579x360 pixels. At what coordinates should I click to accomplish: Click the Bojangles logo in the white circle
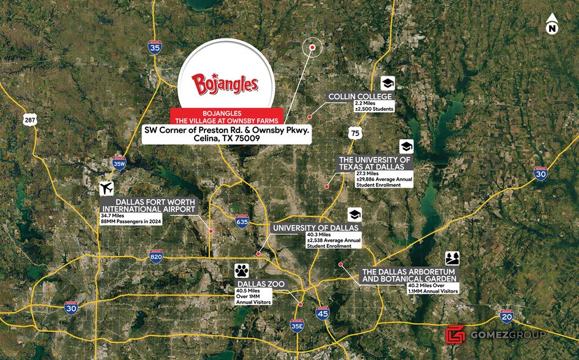pyautogui.click(x=225, y=84)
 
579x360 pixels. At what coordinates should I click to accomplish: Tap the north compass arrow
pyautogui.click(x=552, y=24)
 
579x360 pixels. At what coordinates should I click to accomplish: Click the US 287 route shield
pyautogui.click(x=30, y=120)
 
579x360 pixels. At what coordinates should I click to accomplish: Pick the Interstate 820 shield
pyautogui.click(x=155, y=257)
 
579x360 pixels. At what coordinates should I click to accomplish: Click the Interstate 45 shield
pyautogui.click(x=322, y=313)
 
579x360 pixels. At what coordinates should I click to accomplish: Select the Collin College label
pyautogui.click(x=360, y=97)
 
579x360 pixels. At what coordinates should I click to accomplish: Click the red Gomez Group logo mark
pyautogui.click(x=455, y=334)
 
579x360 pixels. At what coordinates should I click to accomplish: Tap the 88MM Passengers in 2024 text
pyautogui.click(x=131, y=222)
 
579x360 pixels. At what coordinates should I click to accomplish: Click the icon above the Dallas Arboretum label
pyautogui.click(x=452, y=258)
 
